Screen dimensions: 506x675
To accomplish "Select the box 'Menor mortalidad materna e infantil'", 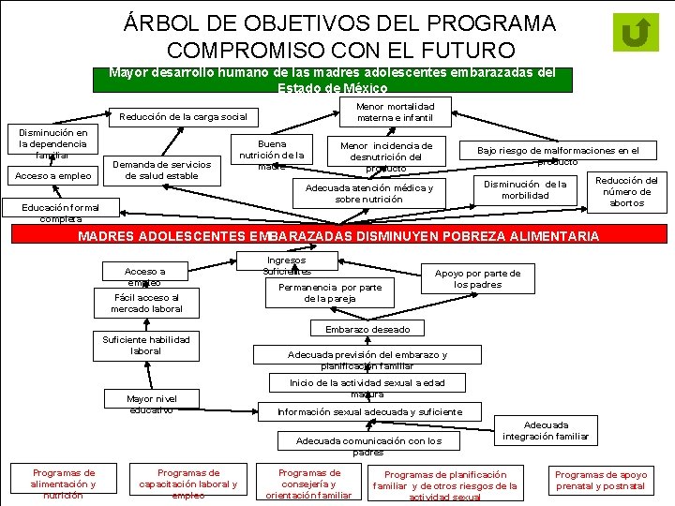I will click(390, 112).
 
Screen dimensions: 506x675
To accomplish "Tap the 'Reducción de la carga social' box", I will click(183, 117).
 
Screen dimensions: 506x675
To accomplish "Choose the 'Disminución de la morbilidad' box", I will click(525, 189).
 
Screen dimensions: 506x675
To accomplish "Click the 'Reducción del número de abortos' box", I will click(627, 191).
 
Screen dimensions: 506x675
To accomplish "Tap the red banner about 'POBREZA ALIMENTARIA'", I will click(337, 236).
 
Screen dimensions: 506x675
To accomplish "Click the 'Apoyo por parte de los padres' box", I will click(477, 278).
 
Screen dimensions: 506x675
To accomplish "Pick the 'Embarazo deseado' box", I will click(367, 329).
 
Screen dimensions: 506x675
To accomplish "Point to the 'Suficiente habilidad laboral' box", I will click(145, 345).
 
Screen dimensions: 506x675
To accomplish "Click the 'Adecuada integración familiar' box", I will click(546, 430).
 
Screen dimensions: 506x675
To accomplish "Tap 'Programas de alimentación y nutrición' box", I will click(63, 484).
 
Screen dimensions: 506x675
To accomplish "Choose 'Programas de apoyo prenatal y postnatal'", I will click(601, 481).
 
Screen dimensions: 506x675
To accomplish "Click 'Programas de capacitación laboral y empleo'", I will click(188, 484).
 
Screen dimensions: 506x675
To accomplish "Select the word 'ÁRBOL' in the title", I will click(173, 22).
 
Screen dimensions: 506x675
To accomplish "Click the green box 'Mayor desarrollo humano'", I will click(333, 79).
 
